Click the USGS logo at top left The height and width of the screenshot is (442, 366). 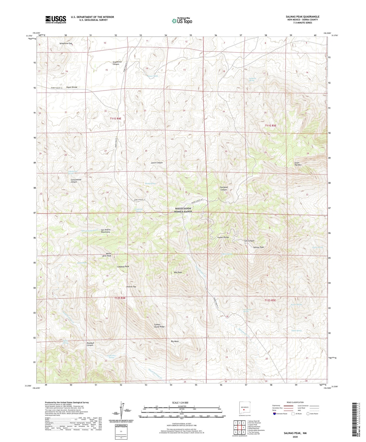56,19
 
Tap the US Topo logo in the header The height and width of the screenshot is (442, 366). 182,21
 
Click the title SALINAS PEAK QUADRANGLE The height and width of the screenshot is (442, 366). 302,17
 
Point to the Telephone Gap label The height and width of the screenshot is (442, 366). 66,44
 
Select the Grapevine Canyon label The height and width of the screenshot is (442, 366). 116,63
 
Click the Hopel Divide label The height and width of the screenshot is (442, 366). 72,87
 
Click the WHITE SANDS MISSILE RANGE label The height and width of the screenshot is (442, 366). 183,210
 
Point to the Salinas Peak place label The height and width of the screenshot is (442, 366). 258,247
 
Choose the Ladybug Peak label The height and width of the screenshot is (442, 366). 123,267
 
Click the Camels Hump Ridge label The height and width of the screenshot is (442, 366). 159,326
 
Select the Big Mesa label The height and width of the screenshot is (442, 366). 175,341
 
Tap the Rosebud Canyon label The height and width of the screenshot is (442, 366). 90,344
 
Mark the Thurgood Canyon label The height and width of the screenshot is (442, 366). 224,188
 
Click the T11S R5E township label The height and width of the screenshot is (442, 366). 271,126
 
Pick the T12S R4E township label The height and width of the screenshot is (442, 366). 120,298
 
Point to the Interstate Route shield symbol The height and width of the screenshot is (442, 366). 275,414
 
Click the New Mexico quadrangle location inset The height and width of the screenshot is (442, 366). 244,408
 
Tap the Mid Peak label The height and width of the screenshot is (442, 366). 178,272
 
